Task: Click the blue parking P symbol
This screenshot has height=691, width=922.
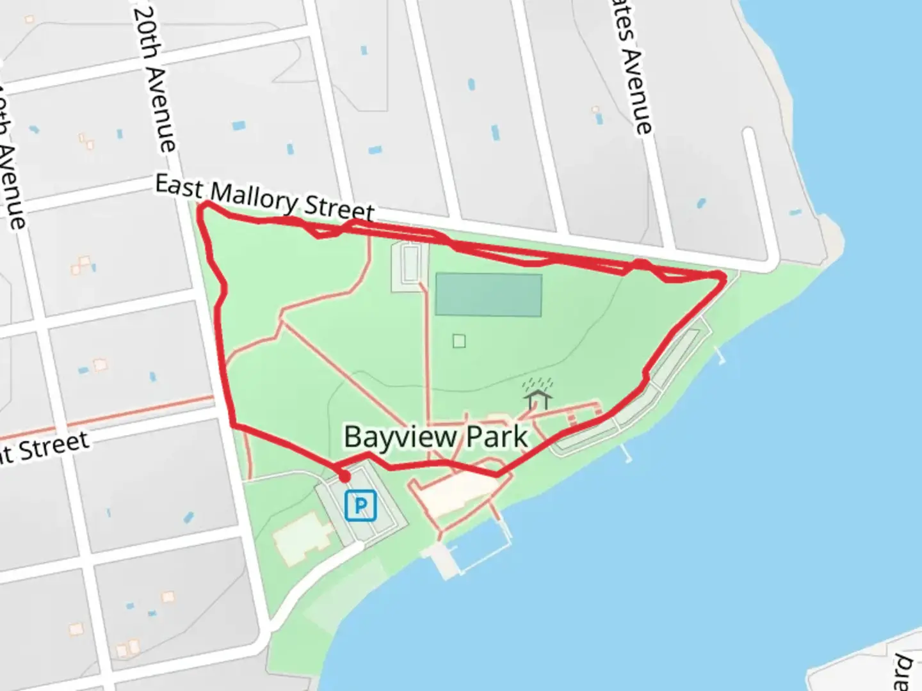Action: click(360, 506)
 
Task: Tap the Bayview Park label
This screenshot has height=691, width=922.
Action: click(435, 438)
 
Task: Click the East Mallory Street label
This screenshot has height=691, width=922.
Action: click(265, 199)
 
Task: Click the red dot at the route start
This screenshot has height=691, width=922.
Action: click(344, 477)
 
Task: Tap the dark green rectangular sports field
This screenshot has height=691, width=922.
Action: click(489, 295)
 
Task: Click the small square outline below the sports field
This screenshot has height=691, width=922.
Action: click(459, 341)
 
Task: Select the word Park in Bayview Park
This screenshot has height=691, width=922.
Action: click(497, 438)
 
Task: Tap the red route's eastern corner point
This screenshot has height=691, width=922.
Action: click(722, 276)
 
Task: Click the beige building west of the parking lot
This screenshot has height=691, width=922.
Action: click(302, 536)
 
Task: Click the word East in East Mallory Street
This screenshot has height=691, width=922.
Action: click(179, 187)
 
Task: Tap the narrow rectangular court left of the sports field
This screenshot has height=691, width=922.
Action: click(410, 264)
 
